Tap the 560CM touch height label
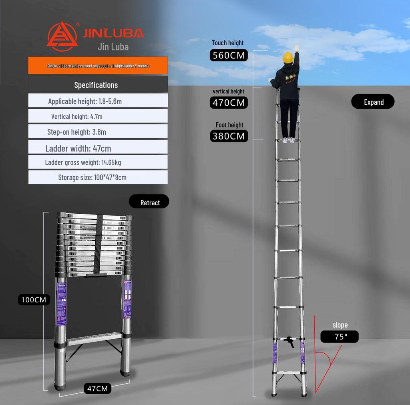click(x=229, y=55)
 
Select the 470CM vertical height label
click(x=229, y=103)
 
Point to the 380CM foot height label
click(x=229, y=136)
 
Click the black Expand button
click(x=373, y=102)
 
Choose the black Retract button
click(x=149, y=202)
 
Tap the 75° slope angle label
click(x=340, y=337)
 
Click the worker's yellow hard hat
click(x=288, y=57)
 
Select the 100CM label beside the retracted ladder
click(x=34, y=300)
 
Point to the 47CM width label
click(x=97, y=388)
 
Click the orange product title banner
click(x=98, y=65)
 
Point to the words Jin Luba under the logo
click(x=113, y=47)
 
